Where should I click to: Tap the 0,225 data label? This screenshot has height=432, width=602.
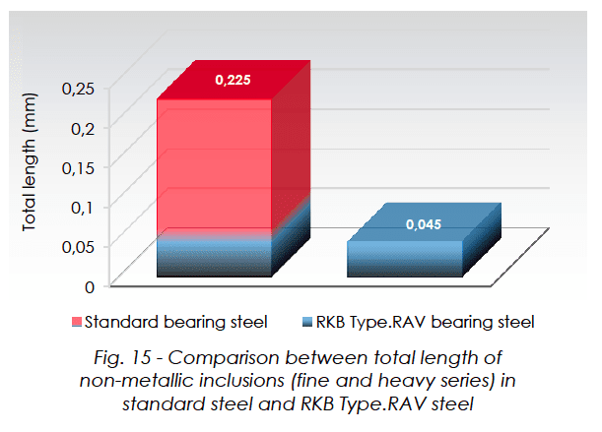(234, 80)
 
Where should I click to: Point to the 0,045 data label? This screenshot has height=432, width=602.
(425, 224)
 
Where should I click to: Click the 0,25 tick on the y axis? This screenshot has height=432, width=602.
(78, 89)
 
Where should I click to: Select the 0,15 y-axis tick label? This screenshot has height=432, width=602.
(78, 167)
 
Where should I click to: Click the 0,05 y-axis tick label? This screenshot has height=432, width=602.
(78, 246)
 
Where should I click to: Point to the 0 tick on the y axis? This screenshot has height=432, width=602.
(90, 286)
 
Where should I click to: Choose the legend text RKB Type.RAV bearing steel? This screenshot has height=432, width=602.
(425, 322)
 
